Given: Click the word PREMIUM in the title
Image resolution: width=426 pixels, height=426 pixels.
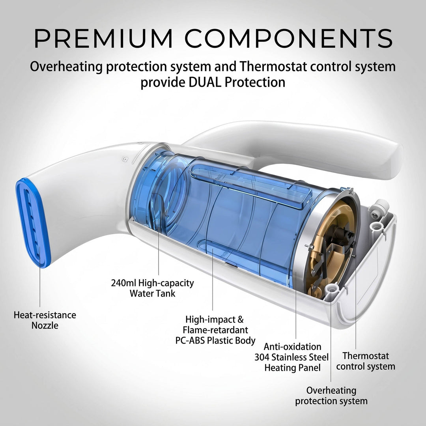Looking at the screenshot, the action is pos(103,38).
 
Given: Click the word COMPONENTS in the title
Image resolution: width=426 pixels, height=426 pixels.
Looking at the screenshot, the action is pos(289,38).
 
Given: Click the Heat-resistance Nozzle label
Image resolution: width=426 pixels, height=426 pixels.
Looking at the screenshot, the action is pos(45,320).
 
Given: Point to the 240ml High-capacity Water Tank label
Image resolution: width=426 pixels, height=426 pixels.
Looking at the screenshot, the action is pos(152,288).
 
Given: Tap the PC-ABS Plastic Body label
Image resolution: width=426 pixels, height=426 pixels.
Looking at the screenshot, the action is pos(215,330).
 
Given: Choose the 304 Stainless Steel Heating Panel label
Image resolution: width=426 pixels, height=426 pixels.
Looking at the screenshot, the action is pos(292,357).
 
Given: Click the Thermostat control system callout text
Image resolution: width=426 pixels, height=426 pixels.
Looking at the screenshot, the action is pos(365,361).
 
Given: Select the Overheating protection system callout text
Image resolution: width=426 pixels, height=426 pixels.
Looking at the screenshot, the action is pos(331,396).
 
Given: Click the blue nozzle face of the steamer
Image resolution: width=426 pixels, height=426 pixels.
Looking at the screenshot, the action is pos(33,223).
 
